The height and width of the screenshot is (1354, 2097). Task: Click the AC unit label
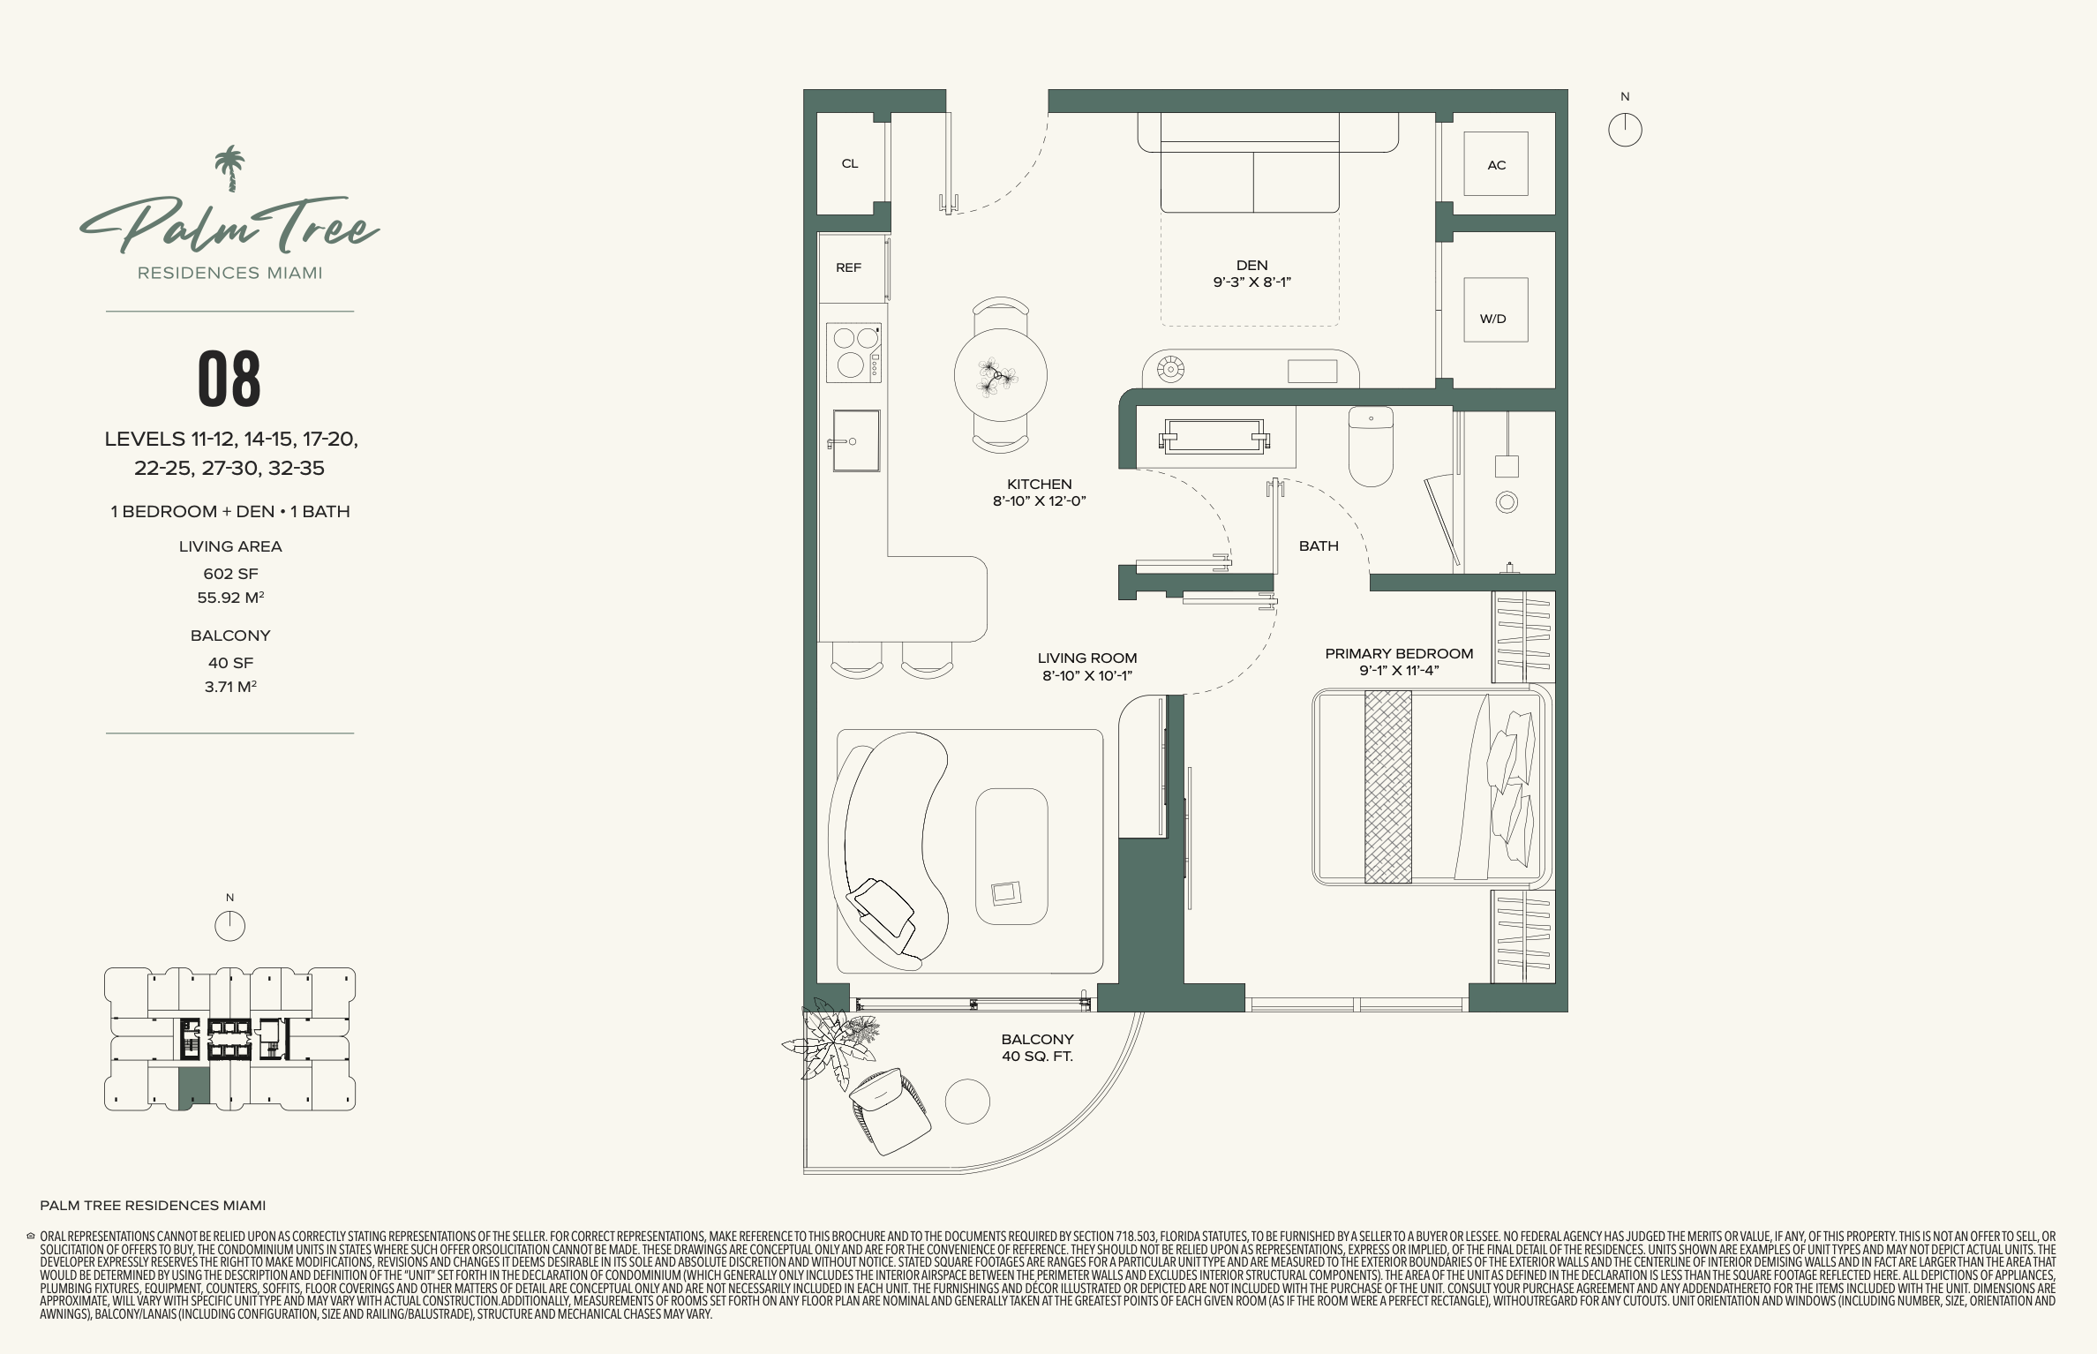pyautogui.click(x=1496, y=165)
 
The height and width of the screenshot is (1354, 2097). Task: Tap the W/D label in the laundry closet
pyautogui.click(x=1492, y=319)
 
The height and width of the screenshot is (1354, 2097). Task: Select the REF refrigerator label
pyautogui.click(x=848, y=267)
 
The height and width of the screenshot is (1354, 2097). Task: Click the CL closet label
pyautogui.click(x=850, y=163)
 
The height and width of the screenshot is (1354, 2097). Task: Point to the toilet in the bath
pyautogui.click(x=1371, y=446)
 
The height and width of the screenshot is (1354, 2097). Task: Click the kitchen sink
pyautogui.click(x=855, y=440)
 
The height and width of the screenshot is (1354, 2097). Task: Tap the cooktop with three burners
pyautogui.click(x=853, y=352)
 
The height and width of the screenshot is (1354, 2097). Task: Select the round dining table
pyautogui.click(x=1000, y=375)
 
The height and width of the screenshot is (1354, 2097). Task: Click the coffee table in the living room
pyautogui.click(x=1011, y=856)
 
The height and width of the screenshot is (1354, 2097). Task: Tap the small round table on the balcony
pyautogui.click(x=967, y=1102)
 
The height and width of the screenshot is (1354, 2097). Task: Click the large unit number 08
pyautogui.click(x=229, y=379)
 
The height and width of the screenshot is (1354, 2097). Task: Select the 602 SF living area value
pyautogui.click(x=230, y=574)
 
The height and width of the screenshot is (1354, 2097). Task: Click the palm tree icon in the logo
pyautogui.click(x=229, y=169)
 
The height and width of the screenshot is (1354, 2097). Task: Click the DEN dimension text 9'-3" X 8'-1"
pyautogui.click(x=1251, y=282)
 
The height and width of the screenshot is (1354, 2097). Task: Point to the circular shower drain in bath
pyautogui.click(x=1507, y=502)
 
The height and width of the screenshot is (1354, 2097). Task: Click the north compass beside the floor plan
pyautogui.click(x=1625, y=130)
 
